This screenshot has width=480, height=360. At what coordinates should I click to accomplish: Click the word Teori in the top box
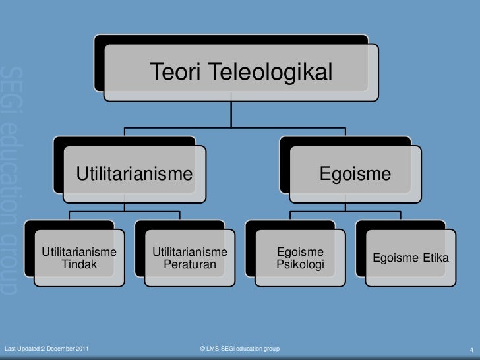pyautogui.click(x=171, y=71)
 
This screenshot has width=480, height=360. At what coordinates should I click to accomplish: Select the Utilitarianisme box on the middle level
pyautogui.click(x=135, y=174)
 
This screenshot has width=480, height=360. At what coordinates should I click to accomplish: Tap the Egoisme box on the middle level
pyautogui.click(x=355, y=174)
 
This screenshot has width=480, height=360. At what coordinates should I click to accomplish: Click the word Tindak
pyautogui.click(x=79, y=265)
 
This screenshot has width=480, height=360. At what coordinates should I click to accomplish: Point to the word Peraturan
pyautogui.click(x=190, y=265)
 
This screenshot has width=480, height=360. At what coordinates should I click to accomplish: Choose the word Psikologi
pyautogui.click(x=301, y=265)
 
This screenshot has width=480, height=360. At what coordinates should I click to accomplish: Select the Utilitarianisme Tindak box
pyautogui.click(x=79, y=258)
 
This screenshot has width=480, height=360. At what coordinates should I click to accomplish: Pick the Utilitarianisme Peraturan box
pyautogui.click(x=190, y=258)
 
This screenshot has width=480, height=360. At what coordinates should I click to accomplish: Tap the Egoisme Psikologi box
pyautogui.click(x=301, y=258)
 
